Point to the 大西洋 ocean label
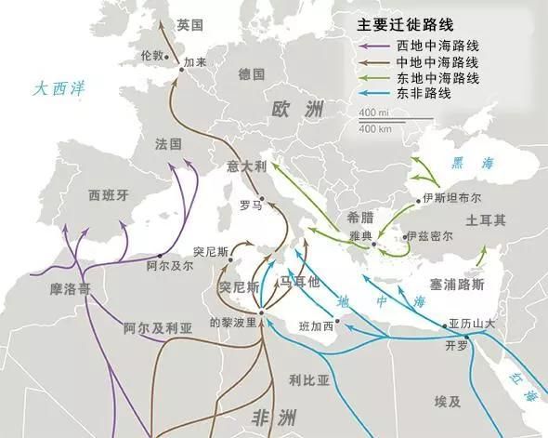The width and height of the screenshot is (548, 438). point(58,90)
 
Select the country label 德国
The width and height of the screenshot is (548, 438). point(252,73)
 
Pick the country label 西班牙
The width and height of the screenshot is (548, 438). point(108,196)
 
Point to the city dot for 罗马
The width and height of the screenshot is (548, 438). point(262,197)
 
